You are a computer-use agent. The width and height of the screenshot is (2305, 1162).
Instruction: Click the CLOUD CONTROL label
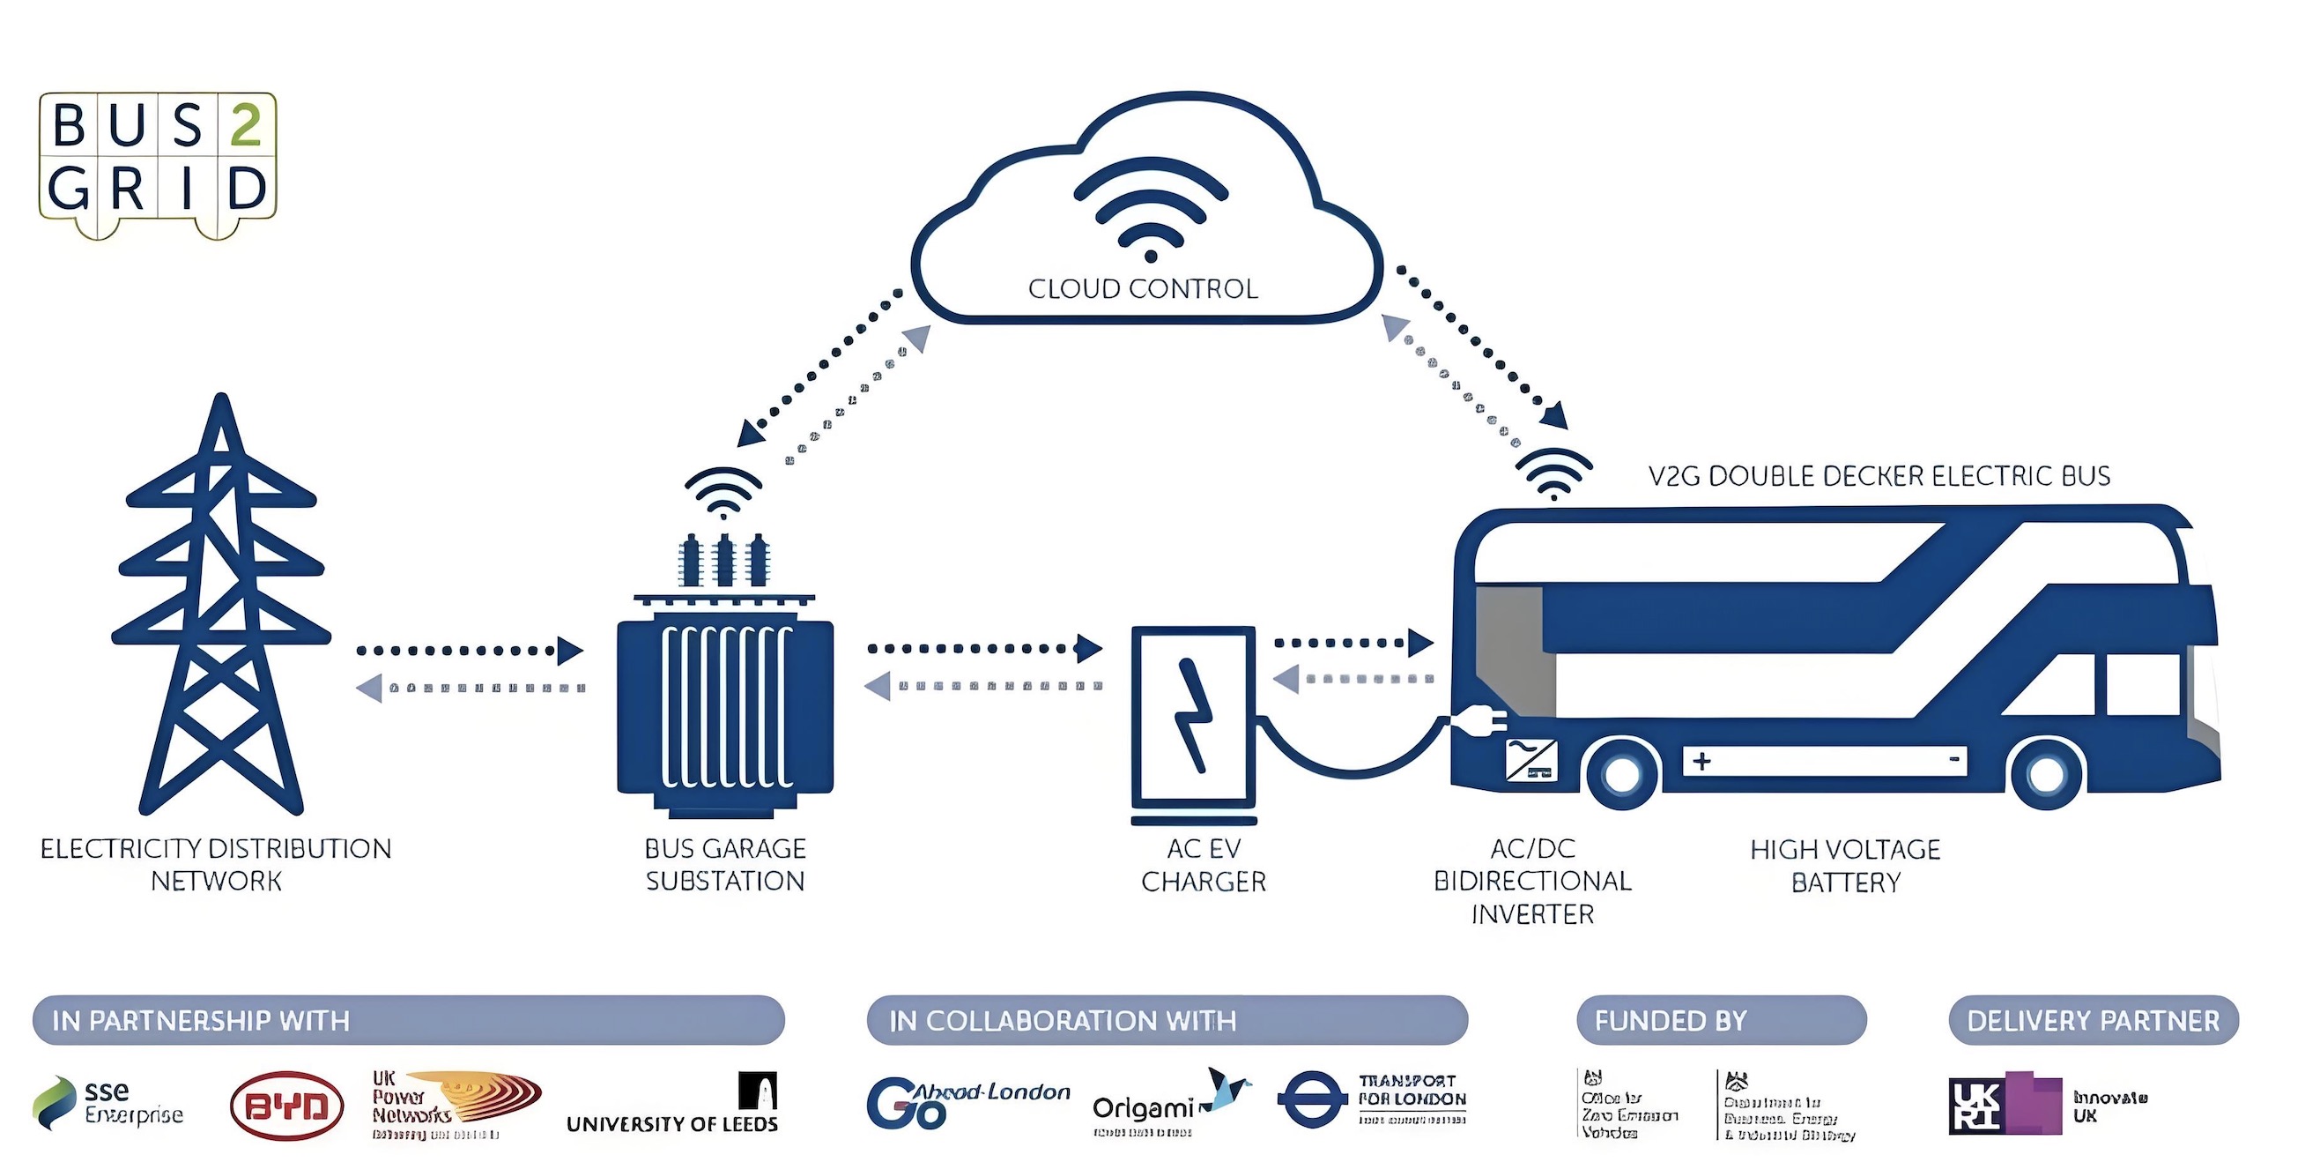pyautogui.click(x=1143, y=289)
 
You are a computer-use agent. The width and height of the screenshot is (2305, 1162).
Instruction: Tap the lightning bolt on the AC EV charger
pyautogui.click(x=1193, y=716)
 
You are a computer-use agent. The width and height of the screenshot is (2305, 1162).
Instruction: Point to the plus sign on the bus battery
pyautogui.click(x=1702, y=761)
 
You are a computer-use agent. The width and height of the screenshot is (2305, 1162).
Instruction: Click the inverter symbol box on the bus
pyautogui.click(x=1531, y=761)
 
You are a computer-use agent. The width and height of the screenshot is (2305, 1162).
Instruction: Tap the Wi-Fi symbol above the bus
pyautogui.click(x=1554, y=474)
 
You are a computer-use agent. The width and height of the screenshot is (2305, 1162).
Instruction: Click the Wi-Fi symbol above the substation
pyautogui.click(x=723, y=492)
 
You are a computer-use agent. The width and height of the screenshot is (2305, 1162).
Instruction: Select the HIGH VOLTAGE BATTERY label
pyautogui.click(x=1845, y=866)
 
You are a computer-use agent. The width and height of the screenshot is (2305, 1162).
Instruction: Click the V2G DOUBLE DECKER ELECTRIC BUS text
pyautogui.click(x=1879, y=476)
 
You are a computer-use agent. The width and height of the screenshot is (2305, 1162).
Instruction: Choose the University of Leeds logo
pyautogui.click(x=673, y=1106)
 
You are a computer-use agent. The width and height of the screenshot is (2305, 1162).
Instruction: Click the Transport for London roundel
pyautogui.click(x=1312, y=1099)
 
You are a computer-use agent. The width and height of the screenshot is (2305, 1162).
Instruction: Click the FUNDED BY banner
pyautogui.click(x=1721, y=1021)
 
